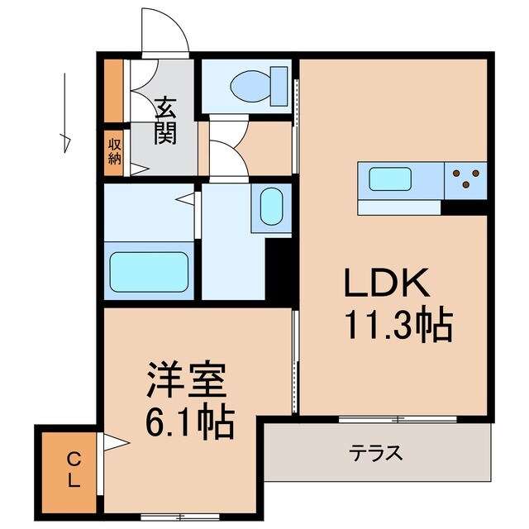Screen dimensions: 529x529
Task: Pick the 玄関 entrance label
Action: pos(166,120)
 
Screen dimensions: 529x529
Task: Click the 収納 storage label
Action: pos(113,151)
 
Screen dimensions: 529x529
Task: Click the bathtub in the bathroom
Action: pos(150,269)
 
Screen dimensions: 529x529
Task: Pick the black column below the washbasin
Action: pos(280,269)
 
